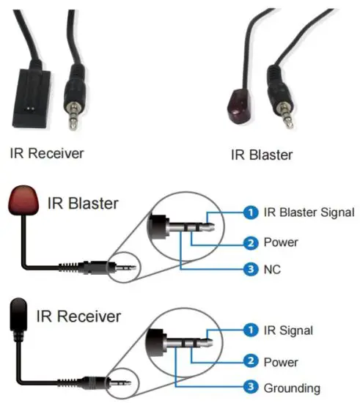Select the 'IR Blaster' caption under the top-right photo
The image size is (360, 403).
(262, 155)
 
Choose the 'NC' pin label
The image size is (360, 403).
(273, 270)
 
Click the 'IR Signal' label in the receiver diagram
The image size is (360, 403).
(287, 330)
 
